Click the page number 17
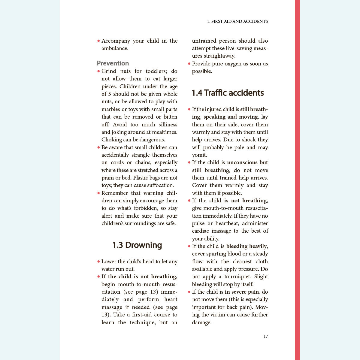point(266,336)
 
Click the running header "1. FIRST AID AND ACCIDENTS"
point(237,21)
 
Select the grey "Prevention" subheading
point(113,63)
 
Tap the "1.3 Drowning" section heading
point(137,245)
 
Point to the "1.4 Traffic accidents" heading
point(228,93)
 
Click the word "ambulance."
point(115,48)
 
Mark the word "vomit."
point(199,155)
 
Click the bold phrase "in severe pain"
point(242,292)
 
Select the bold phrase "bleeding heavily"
point(246,246)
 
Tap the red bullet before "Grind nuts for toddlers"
point(98,71)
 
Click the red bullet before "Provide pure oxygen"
point(189,64)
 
